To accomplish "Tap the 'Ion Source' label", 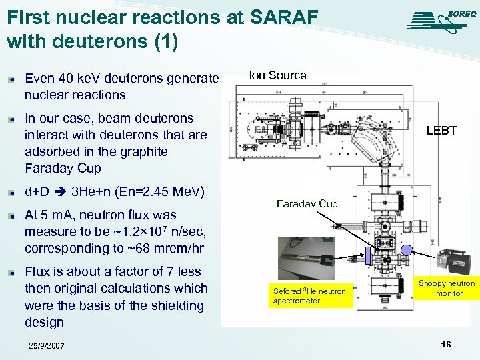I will click(x=277, y=75).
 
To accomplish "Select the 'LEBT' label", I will click(x=441, y=131).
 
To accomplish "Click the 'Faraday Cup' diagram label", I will click(x=307, y=203).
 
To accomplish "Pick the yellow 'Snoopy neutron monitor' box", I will click(x=447, y=288).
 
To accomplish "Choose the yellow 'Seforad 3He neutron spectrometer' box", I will click(x=310, y=295).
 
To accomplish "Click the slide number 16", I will click(x=445, y=344).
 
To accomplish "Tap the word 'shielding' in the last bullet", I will click(x=174, y=305).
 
